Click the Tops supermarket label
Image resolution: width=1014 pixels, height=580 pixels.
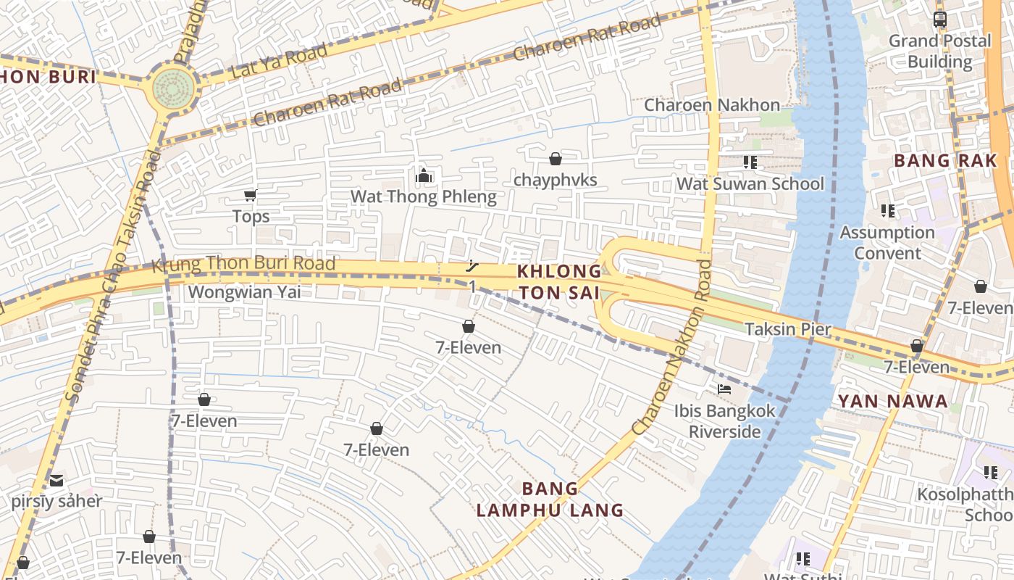tap(251, 216)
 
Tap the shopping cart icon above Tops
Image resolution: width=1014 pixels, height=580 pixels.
tap(251, 195)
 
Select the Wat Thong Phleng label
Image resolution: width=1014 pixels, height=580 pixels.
tap(424, 196)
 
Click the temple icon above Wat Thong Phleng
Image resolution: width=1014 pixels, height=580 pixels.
tap(424, 175)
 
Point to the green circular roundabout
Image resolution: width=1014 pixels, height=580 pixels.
tap(173, 88)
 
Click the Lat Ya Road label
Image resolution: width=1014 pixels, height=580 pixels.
tap(279, 62)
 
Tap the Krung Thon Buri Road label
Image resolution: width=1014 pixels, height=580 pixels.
tap(243, 264)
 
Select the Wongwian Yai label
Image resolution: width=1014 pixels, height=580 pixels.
tap(244, 292)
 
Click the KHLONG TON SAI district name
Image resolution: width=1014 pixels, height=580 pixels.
tap(558, 282)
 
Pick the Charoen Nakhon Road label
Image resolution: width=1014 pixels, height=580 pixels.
tap(671, 348)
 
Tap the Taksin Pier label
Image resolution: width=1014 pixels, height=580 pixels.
tap(788, 329)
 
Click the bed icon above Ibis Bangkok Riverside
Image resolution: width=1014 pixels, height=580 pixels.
tap(724, 389)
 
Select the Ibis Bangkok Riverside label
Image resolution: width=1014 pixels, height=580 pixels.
tap(724, 421)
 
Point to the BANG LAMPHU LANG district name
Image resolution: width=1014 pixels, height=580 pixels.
tap(550, 500)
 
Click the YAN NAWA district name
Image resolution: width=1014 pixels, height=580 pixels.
tap(892, 401)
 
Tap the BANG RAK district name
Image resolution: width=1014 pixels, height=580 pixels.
tap(945, 161)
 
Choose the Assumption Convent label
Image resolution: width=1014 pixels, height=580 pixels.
tap(887, 243)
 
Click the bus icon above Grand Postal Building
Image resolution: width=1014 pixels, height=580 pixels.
tap(939, 20)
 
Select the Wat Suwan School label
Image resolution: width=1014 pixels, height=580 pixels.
tap(750, 184)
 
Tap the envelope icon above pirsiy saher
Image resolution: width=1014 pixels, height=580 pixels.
tap(56, 480)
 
